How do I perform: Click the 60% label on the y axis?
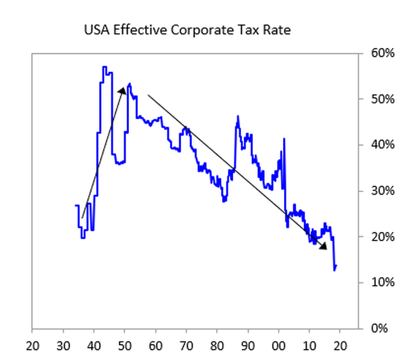tap(383, 53)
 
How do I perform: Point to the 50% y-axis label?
tap(383, 99)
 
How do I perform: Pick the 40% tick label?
tap(383, 145)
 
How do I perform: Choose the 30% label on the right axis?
tap(383, 191)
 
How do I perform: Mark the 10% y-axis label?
tap(383, 283)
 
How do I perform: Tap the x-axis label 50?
tap(124, 343)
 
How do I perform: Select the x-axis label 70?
tap(186, 343)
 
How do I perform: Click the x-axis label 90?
tap(248, 343)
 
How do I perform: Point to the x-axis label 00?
tap(279, 343)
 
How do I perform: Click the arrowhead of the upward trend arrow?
tap(123, 90)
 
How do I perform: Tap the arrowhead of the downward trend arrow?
tap(324, 246)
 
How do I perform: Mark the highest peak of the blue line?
tap(104, 67)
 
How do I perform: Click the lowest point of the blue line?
tap(335, 270)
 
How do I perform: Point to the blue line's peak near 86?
tap(238, 116)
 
